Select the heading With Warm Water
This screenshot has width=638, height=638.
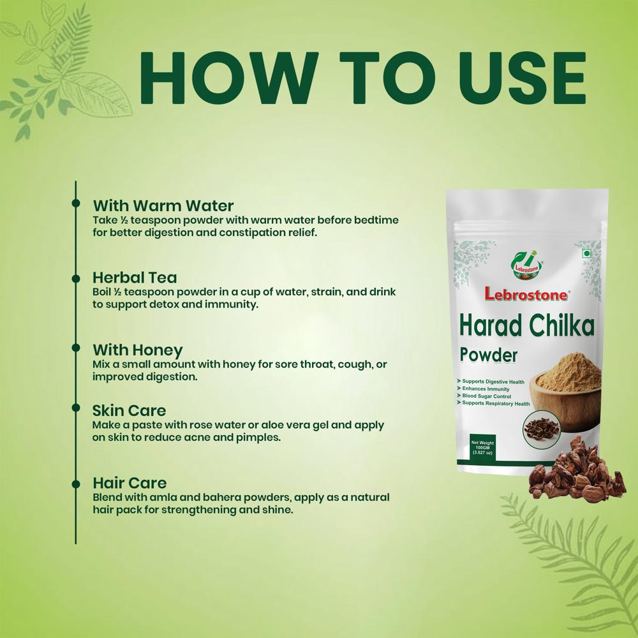[x=163, y=205]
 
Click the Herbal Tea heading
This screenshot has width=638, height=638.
[x=135, y=278]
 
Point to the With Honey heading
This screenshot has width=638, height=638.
[x=137, y=350]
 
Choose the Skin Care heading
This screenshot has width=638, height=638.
[x=129, y=410]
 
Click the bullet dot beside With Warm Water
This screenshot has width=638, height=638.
[x=76, y=204]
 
